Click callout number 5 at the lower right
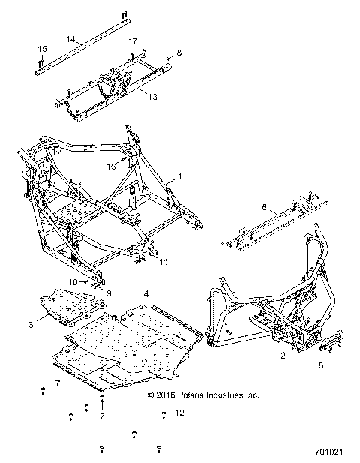[x=321, y=365]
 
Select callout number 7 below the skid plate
[x=102, y=416]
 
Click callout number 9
[x=108, y=293]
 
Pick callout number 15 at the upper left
[x=42, y=48]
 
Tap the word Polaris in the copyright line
[x=194, y=394]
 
